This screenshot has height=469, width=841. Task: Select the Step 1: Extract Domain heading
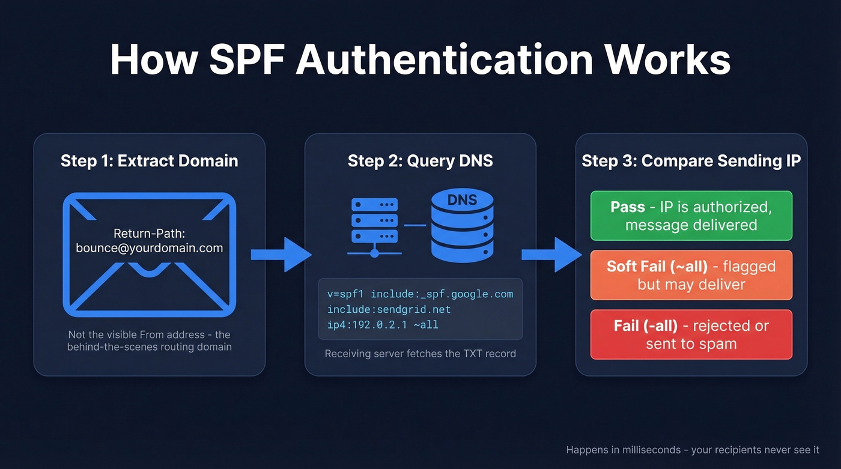[149, 161]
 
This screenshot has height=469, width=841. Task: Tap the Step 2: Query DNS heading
[420, 161]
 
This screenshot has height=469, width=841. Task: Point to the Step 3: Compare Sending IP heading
[691, 161]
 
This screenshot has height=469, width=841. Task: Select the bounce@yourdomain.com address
[149, 247]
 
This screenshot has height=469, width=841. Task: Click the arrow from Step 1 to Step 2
[280, 254]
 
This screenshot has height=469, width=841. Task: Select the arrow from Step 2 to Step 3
[550, 254]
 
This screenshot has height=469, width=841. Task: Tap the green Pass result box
[691, 216]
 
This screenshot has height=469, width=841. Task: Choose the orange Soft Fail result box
[691, 275]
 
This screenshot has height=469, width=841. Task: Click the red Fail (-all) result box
[691, 334]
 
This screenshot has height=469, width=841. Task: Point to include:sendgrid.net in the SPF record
[389, 309]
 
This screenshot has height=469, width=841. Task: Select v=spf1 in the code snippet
[345, 294]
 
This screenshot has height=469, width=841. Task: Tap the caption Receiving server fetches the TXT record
[420, 353]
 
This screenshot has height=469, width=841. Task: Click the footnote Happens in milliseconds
[693, 450]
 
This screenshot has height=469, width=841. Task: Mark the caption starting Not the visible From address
[149, 340]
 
